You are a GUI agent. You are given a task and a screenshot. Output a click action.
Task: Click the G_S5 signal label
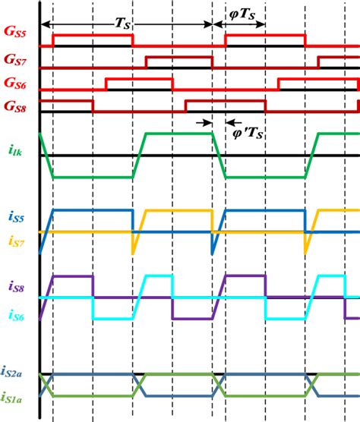[15, 35]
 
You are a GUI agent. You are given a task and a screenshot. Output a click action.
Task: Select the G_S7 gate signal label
[15, 58]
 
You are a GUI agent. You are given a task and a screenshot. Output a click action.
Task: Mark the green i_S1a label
[15, 397]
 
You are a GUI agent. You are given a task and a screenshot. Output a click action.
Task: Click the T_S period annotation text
[122, 24]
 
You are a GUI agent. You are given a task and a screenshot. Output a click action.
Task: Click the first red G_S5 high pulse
[91, 35]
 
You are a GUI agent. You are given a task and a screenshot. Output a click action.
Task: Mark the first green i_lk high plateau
[174, 134]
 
